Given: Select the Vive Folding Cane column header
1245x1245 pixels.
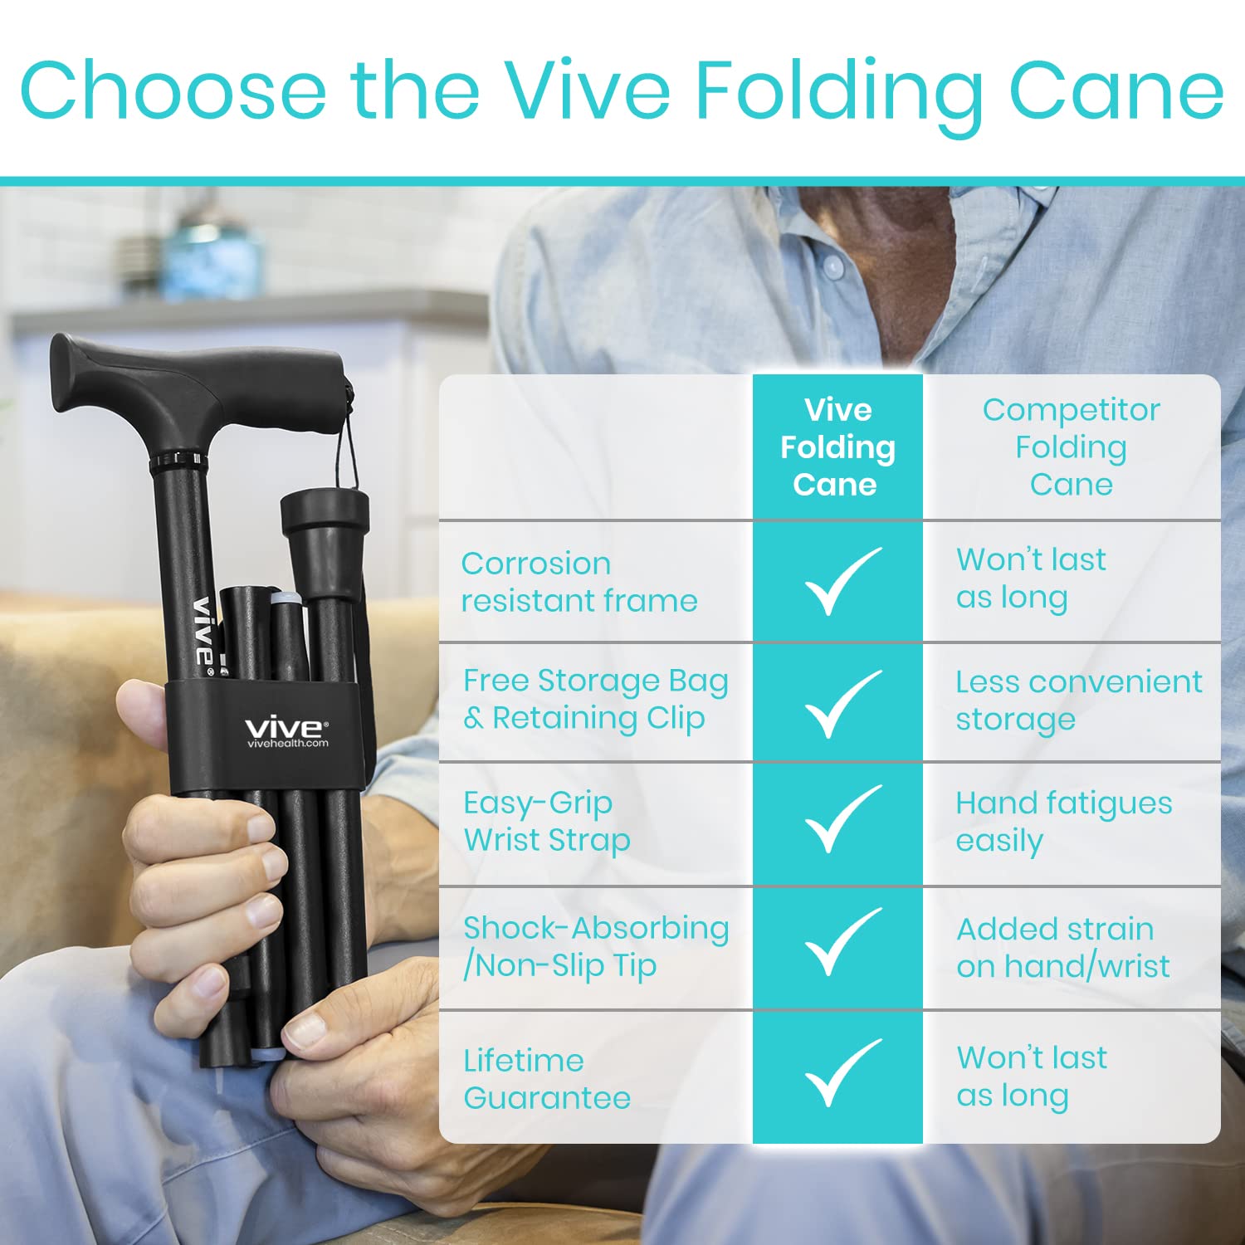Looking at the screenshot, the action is (837, 447).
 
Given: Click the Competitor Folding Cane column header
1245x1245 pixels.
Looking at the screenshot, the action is (1071, 447).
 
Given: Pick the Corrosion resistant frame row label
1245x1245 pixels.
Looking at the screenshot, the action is (579, 581).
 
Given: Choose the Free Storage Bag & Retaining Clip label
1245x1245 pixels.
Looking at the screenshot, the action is (596, 699).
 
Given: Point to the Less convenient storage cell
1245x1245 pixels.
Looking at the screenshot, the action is (1079, 700).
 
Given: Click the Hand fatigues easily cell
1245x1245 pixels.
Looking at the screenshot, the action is (1064, 822).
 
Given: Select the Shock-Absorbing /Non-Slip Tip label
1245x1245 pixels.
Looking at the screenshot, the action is (596, 947).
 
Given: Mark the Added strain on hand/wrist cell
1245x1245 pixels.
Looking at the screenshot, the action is (1063, 947).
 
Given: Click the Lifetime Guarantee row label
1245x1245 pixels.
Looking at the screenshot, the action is (547, 1078).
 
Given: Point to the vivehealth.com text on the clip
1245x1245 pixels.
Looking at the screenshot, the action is (287, 743).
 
